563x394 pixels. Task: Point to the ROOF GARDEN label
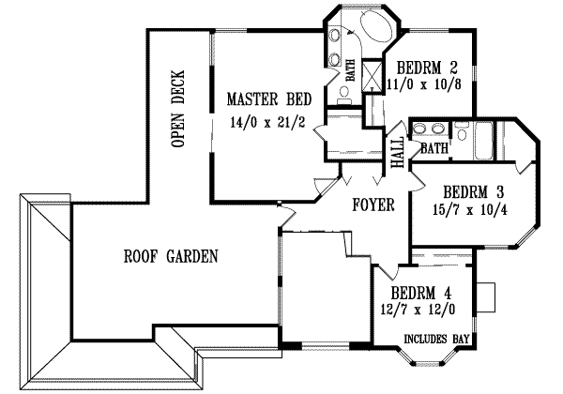[172, 255]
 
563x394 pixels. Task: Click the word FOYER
[373, 205]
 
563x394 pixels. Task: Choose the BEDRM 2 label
[427, 68]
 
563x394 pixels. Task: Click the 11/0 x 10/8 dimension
[427, 83]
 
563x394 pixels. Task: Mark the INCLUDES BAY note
[436, 338]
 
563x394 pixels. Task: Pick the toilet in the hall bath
[462, 132]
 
